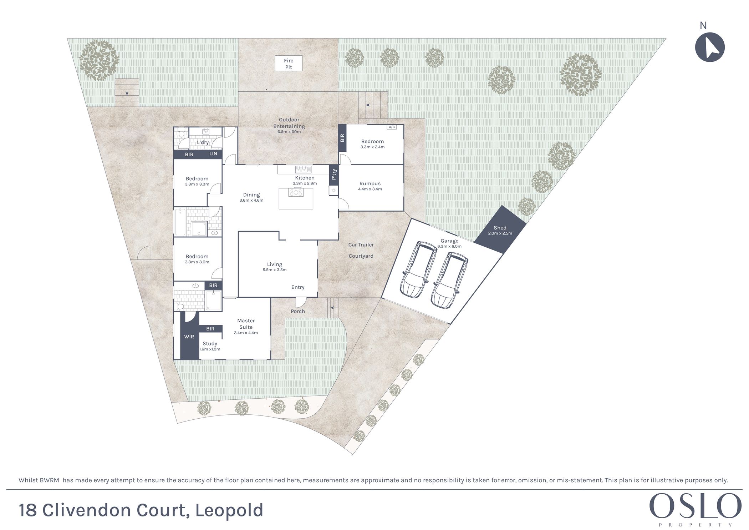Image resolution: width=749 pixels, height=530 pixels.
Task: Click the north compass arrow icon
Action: tap(710, 47)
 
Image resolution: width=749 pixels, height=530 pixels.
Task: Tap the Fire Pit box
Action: tap(289, 64)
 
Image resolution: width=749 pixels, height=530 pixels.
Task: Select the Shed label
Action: tap(500, 228)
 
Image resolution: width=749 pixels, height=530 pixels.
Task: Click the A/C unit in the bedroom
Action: tap(392, 127)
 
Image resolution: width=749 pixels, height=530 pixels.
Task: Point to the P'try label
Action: tap(334, 175)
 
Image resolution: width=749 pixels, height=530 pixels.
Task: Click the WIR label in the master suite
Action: tap(189, 337)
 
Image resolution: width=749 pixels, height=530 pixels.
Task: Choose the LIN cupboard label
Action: tap(213, 154)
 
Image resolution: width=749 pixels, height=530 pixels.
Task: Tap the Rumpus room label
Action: tap(370, 183)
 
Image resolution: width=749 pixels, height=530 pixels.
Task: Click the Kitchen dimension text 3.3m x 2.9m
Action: tap(305, 183)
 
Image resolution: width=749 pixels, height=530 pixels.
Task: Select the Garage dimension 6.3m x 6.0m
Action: tap(449, 246)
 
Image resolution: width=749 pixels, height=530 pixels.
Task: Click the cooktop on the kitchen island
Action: tap(296, 193)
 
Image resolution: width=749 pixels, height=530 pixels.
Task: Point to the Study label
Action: tap(210, 343)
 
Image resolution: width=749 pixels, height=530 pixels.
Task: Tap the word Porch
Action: tap(298, 311)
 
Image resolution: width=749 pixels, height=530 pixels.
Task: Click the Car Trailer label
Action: tap(361, 245)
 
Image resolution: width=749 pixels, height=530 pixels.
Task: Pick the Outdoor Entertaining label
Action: tap(289, 123)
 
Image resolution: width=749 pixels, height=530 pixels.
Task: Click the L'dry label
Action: tap(203, 142)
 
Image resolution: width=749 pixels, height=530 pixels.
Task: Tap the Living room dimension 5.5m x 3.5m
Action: tap(275, 270)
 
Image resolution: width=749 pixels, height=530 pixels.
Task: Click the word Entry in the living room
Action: tap(298, 287)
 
